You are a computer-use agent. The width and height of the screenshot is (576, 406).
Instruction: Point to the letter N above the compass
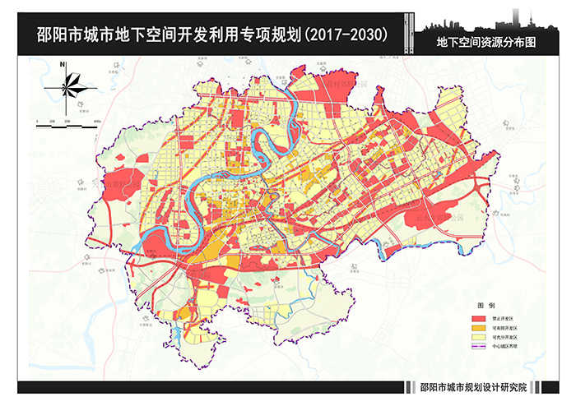63,68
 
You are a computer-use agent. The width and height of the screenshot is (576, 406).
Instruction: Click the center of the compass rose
63,85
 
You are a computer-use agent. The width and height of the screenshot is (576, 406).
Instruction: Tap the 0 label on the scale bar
38,122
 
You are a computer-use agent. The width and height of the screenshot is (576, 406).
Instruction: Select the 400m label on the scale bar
96,122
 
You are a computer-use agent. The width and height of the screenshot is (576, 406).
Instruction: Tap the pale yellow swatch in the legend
478,337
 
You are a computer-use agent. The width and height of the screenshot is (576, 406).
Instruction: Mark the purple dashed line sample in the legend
478,347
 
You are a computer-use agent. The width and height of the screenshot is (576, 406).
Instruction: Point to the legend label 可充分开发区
506,337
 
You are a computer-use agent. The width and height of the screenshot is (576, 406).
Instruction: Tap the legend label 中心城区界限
506,347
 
